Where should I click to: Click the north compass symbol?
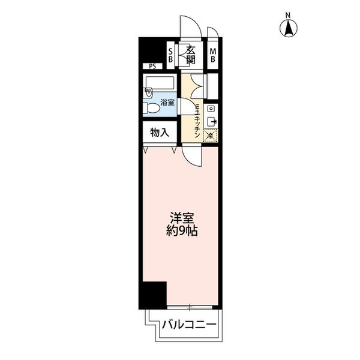289,28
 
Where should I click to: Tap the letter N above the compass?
288,16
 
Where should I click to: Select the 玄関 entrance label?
191,55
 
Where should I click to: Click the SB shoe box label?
170,55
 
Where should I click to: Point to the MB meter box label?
213,55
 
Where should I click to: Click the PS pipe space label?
152,67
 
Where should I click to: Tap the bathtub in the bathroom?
160,83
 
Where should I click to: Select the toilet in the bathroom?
151,108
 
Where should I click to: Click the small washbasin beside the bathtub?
148,92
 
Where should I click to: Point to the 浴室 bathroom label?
167,102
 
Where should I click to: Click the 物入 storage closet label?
160,133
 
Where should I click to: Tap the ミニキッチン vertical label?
197,121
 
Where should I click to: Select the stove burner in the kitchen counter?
211,109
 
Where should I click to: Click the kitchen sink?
211,121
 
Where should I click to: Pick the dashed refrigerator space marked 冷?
211,136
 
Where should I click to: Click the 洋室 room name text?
182,218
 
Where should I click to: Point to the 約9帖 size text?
182,231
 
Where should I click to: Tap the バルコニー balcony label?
189,325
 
